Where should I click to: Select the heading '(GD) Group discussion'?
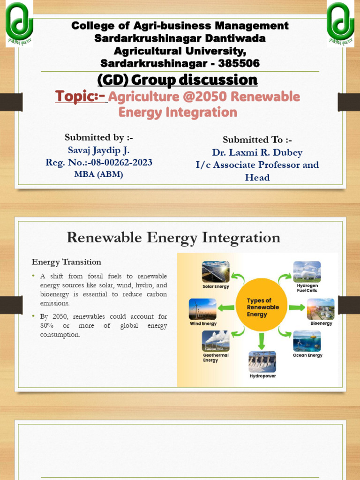177,80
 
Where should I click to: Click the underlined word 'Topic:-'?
81,97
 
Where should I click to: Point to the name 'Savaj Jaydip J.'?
98,150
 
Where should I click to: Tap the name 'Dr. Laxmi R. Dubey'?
257,152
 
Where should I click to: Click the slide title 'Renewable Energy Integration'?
173,238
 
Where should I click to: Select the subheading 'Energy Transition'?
66,262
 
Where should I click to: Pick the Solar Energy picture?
216,272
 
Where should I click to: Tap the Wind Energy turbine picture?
202,309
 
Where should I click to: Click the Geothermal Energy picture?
216,341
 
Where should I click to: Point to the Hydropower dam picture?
262,361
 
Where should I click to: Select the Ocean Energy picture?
307,341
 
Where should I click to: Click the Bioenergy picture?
321,309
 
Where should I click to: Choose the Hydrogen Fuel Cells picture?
307,272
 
